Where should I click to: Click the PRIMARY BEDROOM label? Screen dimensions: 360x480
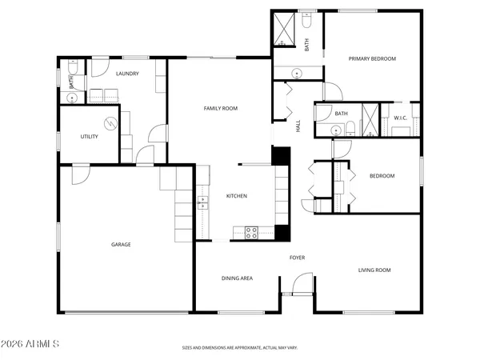[371, 58]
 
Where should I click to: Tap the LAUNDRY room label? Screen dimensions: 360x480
[127, 74]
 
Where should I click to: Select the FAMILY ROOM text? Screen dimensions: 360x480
[220, 108]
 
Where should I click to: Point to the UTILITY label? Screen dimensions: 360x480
[89, 137]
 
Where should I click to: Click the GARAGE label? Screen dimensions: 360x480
[121, 244]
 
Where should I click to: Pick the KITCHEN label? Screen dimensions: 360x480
[236, 196]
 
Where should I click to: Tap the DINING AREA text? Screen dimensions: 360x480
[237, 278]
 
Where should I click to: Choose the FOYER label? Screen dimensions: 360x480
[297, 258]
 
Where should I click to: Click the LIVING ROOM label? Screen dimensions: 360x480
[374, 270]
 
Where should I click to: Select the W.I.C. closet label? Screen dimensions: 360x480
[401, 118]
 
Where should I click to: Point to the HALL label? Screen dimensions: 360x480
[298, 126]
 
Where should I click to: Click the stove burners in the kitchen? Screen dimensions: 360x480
[250, 233]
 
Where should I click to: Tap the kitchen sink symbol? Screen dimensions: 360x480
[202, 201]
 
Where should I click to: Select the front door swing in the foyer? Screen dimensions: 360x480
[302, 282]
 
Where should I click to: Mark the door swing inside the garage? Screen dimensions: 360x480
[81, 174]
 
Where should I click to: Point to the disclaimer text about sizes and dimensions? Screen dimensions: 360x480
[239, 348]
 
